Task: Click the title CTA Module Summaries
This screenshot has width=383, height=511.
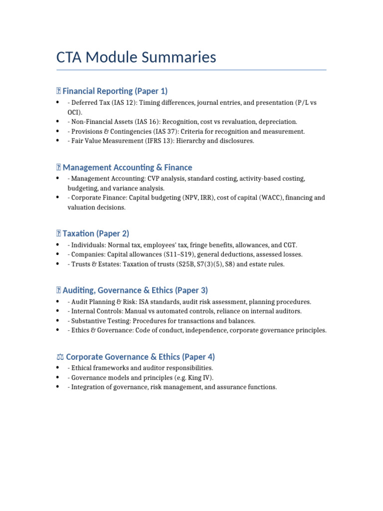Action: tap(136, 57)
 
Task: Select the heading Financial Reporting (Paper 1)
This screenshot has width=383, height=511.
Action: tap(115, 91)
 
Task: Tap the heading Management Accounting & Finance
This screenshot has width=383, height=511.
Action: tap(127, 167)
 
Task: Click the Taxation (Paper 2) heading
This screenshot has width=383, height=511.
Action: tap(96, 233)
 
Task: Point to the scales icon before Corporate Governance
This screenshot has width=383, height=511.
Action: tap(60, 357)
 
